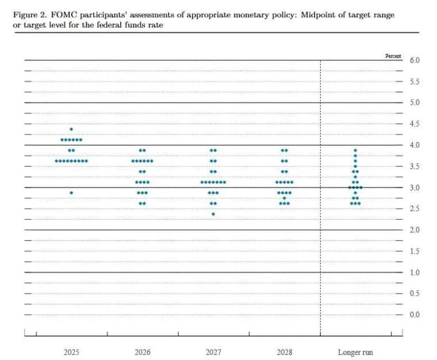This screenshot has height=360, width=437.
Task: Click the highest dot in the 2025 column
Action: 71,129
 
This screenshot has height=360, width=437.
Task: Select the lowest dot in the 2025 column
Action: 71,193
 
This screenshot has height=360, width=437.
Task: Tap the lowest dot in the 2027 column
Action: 213,214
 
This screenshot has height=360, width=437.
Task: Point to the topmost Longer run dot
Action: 355,150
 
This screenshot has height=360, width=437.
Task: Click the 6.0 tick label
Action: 415,60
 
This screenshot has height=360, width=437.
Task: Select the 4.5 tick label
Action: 415,124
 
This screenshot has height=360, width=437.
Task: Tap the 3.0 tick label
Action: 415,188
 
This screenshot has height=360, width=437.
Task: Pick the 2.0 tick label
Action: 415,230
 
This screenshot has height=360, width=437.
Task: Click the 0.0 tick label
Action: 415,315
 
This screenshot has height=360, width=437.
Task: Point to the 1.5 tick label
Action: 415,251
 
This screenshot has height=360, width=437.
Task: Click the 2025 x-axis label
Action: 71,351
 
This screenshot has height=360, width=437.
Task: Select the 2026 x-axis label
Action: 142,351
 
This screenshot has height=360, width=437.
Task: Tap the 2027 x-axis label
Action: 213,351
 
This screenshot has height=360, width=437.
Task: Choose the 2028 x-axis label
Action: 284,351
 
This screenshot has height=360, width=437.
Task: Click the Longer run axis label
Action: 355,351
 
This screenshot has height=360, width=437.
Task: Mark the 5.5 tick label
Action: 415,82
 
